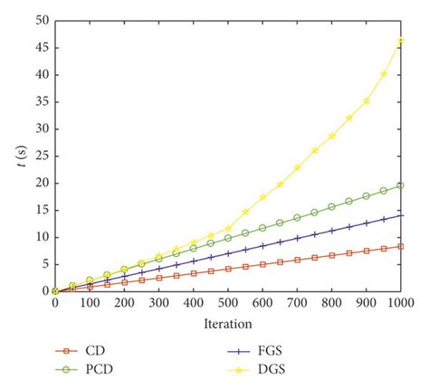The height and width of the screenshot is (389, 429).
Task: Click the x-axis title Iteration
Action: [228, 322]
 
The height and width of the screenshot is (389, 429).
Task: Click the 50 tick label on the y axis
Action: [43, 19]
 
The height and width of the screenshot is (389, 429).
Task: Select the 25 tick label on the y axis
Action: [43, 156]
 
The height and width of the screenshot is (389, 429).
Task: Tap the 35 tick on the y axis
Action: [43, 100]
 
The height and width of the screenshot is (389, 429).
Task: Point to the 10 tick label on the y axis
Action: [43, 237]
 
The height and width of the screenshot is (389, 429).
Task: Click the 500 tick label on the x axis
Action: [227, 304]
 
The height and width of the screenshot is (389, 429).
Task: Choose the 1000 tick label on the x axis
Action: [401, 304]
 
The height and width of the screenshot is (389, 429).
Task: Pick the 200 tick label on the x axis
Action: [124, 304]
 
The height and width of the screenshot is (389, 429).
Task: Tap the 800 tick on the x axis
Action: [331, 304]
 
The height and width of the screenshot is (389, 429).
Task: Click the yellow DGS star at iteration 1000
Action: [400, 41]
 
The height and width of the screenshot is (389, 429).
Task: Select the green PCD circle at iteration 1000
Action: [400, 185]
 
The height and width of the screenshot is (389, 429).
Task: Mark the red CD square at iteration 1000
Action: [400, 246]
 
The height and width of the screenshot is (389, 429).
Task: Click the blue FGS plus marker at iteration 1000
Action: [400, 215]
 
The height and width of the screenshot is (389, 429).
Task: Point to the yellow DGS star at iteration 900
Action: [367, 100]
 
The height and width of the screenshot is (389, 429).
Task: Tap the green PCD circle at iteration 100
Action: [90, 280]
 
